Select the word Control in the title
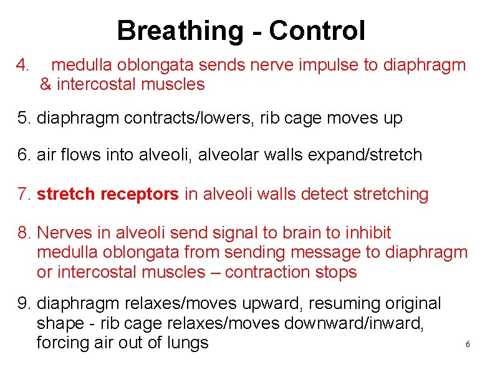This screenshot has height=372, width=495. [x=318, y=31]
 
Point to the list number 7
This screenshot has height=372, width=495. [x=24, y=195]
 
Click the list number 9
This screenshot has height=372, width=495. [x=24, y=304]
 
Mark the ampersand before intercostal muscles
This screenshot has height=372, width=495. [x=46, y=84]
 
